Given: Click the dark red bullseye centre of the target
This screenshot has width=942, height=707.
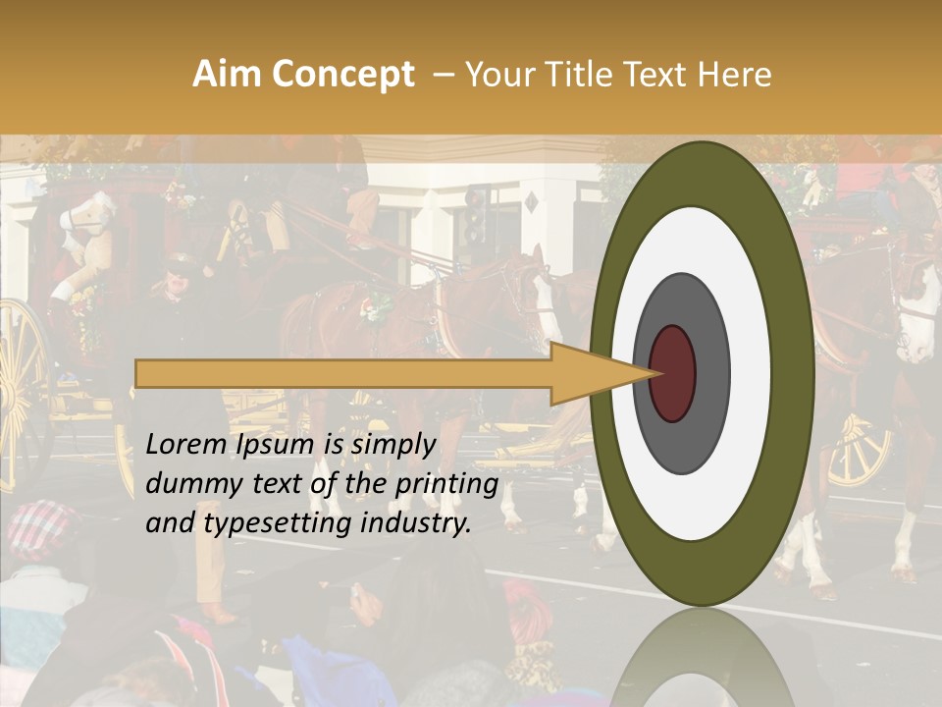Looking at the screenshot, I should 673,374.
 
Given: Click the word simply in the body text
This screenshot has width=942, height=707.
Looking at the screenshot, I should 392,445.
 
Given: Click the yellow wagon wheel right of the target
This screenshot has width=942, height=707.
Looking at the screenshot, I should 862,452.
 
